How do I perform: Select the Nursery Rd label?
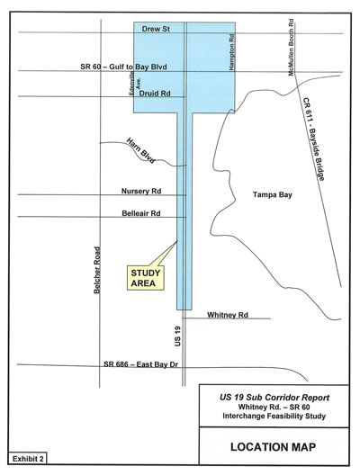pyautogui.click(x=141, y=191)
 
